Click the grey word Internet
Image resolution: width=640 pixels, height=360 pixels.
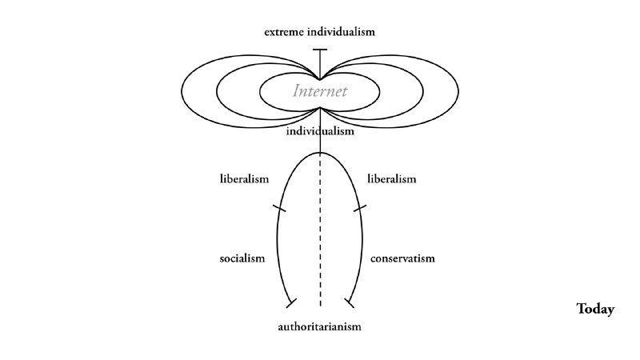[x=320, y=91]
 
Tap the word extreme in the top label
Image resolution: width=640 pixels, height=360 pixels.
[x=287, y=32]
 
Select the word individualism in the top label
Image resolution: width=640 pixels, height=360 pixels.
[x=342, y=32]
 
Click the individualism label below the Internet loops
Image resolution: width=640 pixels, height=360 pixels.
[x=320, y=131]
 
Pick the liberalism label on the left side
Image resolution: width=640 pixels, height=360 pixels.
[x=242, y=178]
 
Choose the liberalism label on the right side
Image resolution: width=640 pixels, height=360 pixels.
[x=391, y=178]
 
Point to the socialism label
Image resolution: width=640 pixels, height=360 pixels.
[x=242, y=259]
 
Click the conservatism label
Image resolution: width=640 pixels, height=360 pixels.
[x=402, y=259]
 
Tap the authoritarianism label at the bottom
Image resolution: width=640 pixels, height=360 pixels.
[x=320, y=326]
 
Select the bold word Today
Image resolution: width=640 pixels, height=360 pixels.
[x=595, y=309]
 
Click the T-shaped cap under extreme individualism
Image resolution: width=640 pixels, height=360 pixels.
[x=320, y=50]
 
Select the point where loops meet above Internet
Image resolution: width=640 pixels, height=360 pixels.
[x=320, y=79]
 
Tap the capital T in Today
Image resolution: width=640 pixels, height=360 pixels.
[x=582, y=309]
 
